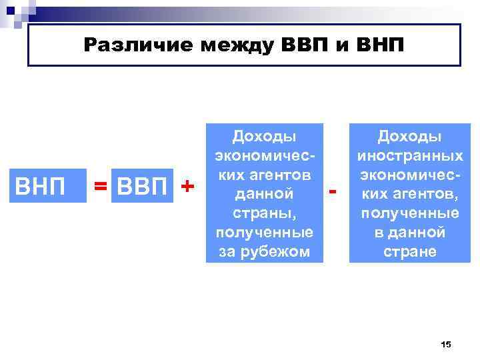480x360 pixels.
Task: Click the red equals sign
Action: tap(101, 188)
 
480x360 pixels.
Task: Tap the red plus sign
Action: tap(189, 187)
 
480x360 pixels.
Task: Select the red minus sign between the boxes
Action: tap(333, 192)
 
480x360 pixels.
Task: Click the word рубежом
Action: tap(283, 251)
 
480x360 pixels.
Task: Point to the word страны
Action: tap(263, 213)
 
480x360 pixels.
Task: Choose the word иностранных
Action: tap(410, 156)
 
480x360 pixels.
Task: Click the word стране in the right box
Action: tap(410, 251)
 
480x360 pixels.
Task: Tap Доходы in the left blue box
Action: tap(263, 137)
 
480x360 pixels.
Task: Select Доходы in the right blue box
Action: tap(410, 137)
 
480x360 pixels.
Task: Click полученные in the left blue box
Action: tap(263, 233)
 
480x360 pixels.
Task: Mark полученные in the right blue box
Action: tap(410, 213)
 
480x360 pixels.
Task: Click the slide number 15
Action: tap(446, 343)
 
